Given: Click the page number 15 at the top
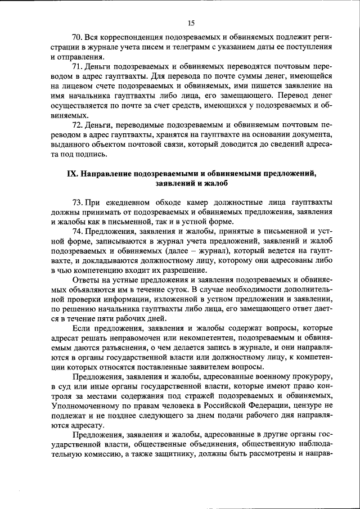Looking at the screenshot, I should click(x=191, y=23).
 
